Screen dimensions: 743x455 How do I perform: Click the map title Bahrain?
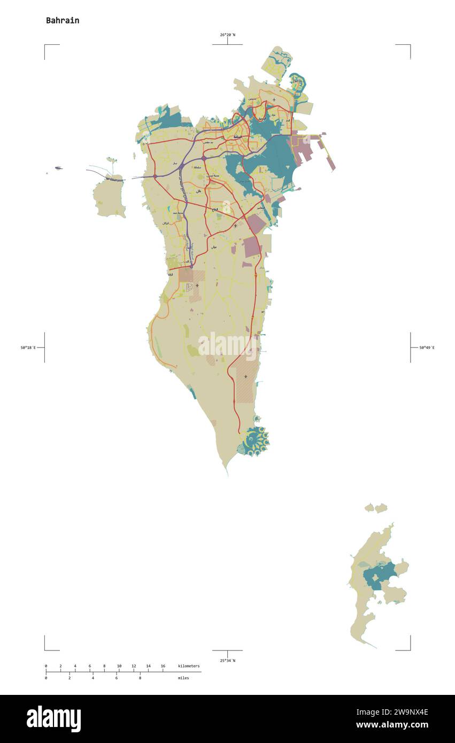tap(63, 20)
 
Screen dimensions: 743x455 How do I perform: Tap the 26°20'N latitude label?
tap(227, 35)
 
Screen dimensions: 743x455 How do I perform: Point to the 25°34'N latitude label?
tap(227, 661)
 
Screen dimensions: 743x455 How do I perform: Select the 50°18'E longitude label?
tap(28, 347)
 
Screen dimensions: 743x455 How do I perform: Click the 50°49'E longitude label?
tap(427, 347)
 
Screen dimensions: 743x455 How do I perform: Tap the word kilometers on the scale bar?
tap(189, 666)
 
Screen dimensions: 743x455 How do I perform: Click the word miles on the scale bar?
tap(183, 678)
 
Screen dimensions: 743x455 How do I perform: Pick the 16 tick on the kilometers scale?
tap(163, 666)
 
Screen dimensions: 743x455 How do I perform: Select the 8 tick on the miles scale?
tap(140, 678)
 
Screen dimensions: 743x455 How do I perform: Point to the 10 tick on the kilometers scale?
tap(119, 666)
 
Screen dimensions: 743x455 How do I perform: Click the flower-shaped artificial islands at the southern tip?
tap(253, 441)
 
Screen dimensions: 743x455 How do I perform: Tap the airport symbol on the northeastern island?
tap(274, 99)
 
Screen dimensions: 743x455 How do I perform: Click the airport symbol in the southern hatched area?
tap(245, 377)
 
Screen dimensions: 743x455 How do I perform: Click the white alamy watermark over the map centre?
tap(227, 345)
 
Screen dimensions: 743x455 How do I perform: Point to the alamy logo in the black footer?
tap(53, 718)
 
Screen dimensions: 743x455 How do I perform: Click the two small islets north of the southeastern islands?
tap(376, 507)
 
